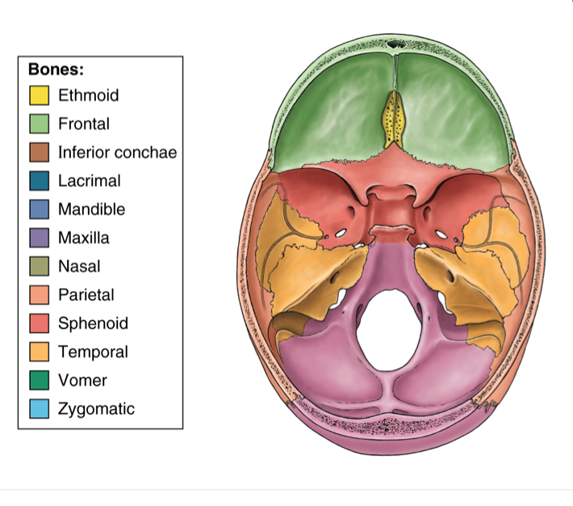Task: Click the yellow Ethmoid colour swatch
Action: coord(39,95)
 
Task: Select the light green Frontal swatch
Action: coord(39,124)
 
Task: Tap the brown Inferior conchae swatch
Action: coord(39,152)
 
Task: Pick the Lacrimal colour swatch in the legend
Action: coord(39,181)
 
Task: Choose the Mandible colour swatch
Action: coord(39,209)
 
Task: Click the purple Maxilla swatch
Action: coord(39,238)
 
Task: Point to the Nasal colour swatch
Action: coord(39,266)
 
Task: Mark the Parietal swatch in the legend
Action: coord(39,295)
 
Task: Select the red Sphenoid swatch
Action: coord(39,323)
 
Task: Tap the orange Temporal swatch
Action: coord(39,352)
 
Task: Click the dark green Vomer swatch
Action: coord(39,380)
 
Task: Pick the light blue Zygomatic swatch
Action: coord(39,409)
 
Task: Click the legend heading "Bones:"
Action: coord(56,69)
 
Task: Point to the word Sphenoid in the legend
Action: coord(93,323)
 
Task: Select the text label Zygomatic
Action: coord(96,409)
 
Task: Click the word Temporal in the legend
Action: coord(93,352)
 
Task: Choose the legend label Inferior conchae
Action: coord(117,152)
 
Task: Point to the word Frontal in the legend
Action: coord(84,124)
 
